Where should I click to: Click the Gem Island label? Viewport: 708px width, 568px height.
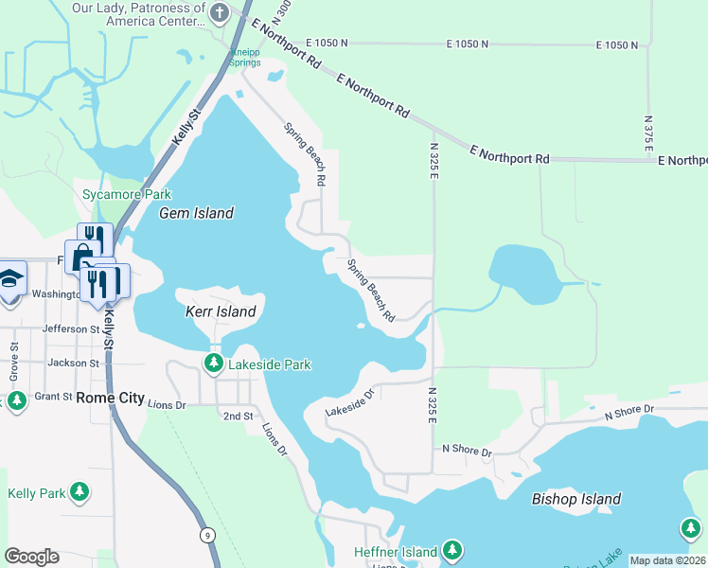click(x=196, y=213)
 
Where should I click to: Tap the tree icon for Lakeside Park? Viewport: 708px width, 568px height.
click(x=215, y=364)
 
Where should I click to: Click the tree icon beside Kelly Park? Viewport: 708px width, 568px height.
click(x=81, y=492)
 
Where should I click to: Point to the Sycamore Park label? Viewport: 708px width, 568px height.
click(x=126, y=194)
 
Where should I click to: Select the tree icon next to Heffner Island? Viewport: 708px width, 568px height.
click(x=452, y=550)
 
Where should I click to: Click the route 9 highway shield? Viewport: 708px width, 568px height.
click(x=207, y=536)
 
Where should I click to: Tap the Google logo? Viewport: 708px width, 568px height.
click(x=31, y=557)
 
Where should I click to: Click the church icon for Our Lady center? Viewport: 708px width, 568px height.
click(x=221, y=13)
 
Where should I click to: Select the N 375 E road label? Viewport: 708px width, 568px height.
click(x=648, y=133)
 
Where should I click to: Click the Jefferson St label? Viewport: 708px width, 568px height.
click(x=74, y=329)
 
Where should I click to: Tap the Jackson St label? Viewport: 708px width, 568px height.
click(x=74, y=363)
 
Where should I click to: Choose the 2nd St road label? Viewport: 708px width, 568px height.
click(x=238, y=416)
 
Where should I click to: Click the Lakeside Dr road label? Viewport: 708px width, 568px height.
click(x=350, y=403)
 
